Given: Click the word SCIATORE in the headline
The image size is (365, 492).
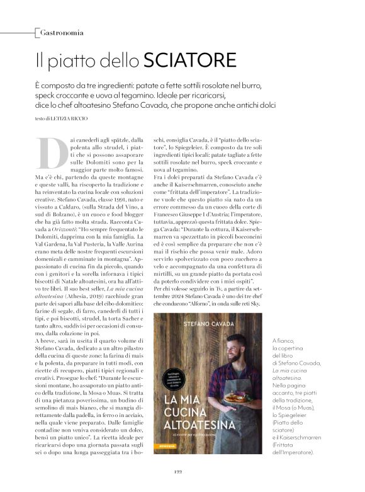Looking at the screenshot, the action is (190, 60).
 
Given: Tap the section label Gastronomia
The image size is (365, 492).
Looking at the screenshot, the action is (61, 31).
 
